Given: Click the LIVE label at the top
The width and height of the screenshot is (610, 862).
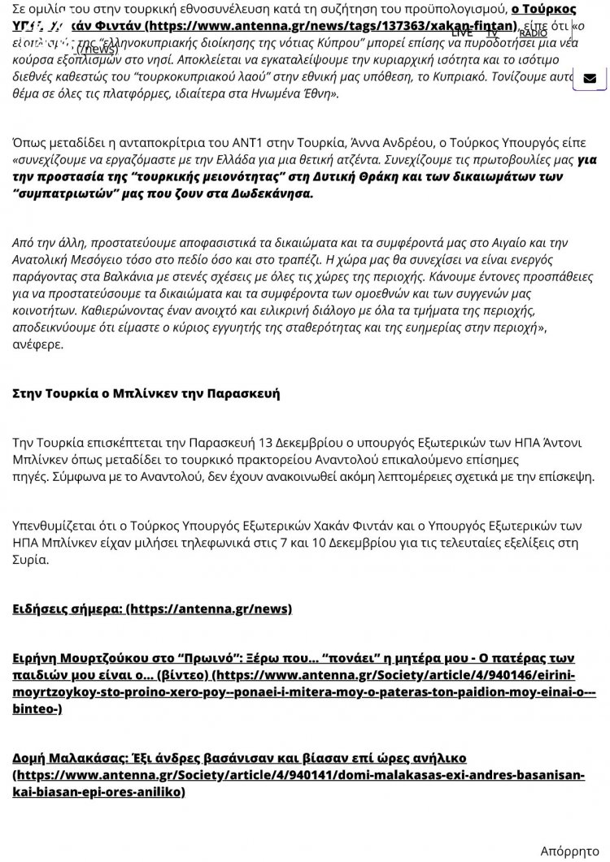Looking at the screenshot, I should (461, 32).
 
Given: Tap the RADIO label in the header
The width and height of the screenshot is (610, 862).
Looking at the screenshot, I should (533, 33).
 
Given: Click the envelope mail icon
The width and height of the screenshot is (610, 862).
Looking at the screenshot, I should (590, 79).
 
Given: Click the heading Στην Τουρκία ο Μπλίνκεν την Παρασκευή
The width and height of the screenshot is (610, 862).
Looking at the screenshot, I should (146, 393).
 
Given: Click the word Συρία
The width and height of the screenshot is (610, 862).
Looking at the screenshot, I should (31, 560).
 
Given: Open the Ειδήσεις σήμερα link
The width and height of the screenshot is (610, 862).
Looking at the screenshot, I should (151, 609).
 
